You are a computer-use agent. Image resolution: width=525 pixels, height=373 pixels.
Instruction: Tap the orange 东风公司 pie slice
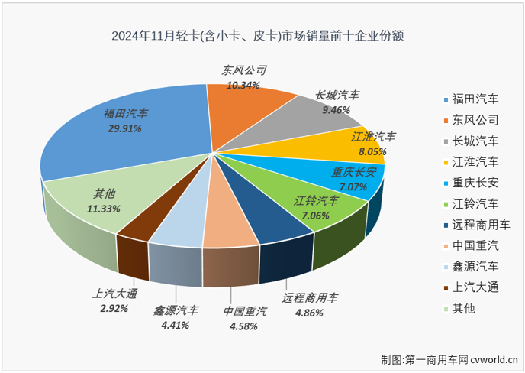pos(252,107)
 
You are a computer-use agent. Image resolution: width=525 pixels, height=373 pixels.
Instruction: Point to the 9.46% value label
pos(337,110)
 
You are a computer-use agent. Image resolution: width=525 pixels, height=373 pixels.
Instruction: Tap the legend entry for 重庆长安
pos(475,183)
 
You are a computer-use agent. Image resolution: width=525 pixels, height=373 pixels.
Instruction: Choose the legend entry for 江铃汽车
pos(475,204)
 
